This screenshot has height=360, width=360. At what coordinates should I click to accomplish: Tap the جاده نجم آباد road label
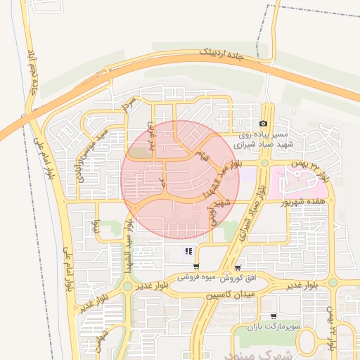(x=32, y=72)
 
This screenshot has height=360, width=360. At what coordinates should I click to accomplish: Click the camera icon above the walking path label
(x=264, y=123)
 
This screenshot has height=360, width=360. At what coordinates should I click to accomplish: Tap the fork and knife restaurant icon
(x=188, y=251)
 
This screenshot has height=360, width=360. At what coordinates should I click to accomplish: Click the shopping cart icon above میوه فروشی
(x=195, y=267)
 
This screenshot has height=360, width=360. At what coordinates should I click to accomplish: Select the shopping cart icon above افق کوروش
(x=238, y=267)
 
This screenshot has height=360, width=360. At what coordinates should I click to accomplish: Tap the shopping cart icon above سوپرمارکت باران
(x=273, y=316)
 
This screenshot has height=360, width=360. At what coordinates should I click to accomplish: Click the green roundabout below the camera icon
(x=264, y=163)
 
